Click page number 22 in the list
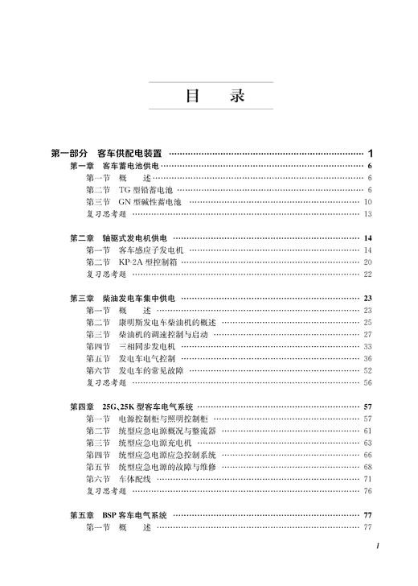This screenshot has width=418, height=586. click(367, 274)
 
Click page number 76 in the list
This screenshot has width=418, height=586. click(367, 491)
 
